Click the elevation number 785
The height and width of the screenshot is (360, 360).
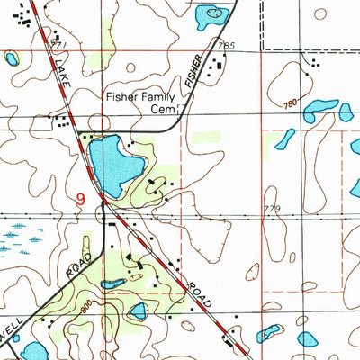[x=225, y=45]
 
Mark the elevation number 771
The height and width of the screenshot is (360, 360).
[x=58, y=43]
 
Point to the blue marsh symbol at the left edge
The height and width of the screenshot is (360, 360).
[x=18, y=241]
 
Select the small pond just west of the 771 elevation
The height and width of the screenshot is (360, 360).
[x=12, y=59]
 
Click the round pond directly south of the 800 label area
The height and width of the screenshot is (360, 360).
[x=138, y=311]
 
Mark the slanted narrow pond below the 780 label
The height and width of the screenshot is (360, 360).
[x=284, y=139]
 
